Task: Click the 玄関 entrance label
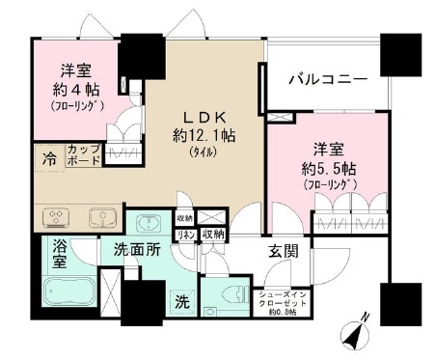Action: [283, 252]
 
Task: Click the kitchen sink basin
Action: [98, 215]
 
